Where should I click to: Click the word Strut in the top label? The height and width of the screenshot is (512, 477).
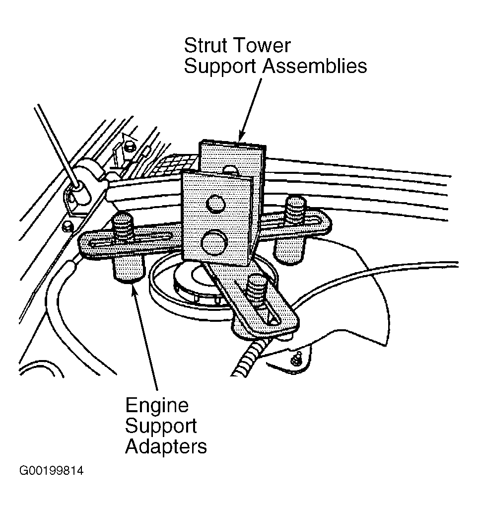205,45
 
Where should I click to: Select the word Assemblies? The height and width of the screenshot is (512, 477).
315,66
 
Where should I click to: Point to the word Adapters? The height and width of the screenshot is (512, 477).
166,446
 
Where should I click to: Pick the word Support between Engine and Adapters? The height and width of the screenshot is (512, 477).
161,427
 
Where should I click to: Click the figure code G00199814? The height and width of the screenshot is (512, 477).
52,471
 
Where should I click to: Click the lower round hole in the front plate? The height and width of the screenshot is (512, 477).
214,243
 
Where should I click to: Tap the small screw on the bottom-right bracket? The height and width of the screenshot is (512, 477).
296,358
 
